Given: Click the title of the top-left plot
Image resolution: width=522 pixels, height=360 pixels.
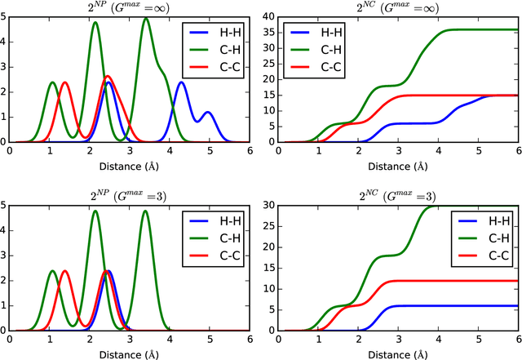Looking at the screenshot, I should [x=130, y=8].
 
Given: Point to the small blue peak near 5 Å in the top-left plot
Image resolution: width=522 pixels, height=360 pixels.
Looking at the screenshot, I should [x=207, y=112].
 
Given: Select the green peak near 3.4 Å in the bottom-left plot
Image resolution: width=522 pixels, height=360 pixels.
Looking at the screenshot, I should [x=145, y=211].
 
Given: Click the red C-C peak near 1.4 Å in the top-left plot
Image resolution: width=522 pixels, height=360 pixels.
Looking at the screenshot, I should [x=65, y=82].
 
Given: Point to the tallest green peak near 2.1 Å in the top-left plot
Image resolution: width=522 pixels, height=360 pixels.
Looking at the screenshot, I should [x=95, y=22].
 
